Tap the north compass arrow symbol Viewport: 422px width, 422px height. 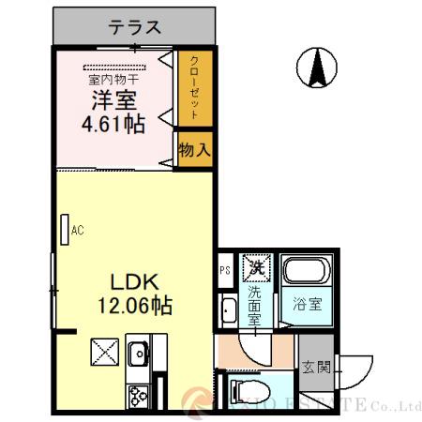coord(318,67)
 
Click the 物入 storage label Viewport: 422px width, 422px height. coord(193,149)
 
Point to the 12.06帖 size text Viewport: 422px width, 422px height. coord(137,305)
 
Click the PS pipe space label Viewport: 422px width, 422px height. coord(225,272)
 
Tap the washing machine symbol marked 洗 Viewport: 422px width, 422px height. coord(255,267)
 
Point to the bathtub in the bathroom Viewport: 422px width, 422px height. coord(306,273)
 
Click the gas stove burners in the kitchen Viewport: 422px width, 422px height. coord(138,395)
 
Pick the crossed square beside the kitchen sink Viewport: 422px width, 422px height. coord(102,354)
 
